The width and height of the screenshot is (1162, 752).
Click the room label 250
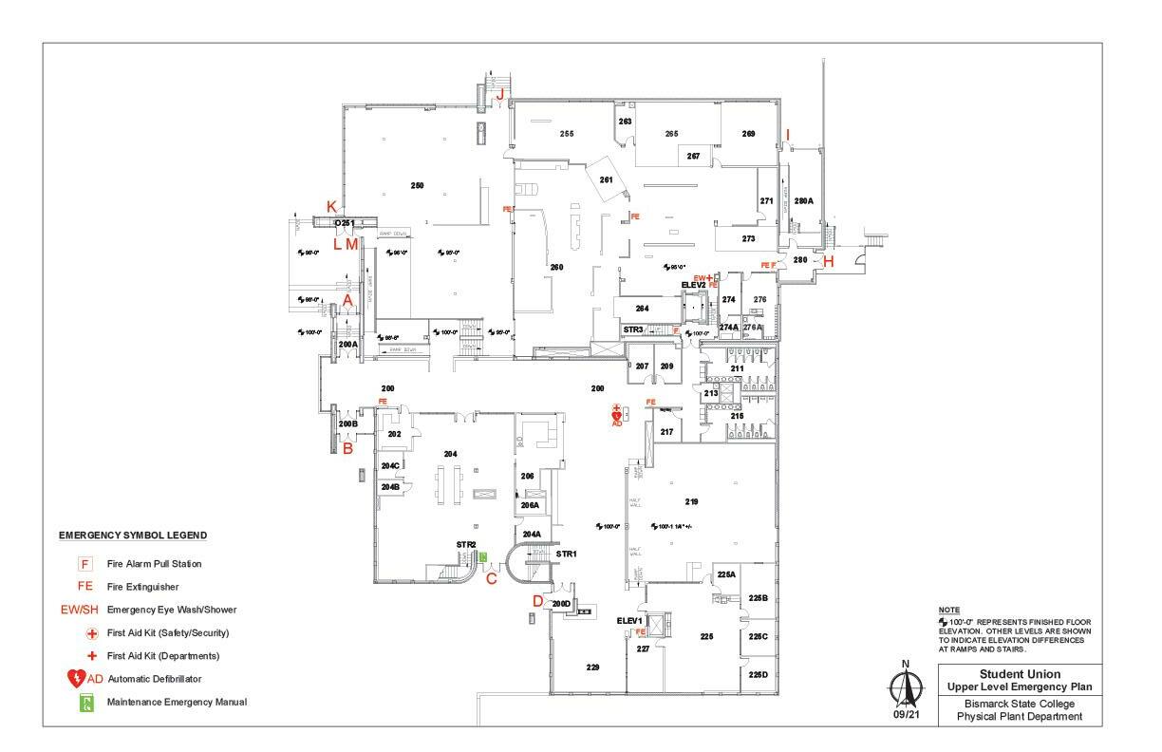point(417,185)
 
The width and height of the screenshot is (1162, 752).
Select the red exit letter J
point(499,93)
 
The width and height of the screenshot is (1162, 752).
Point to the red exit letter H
point(828,262)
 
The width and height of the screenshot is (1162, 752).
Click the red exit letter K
point(331,206)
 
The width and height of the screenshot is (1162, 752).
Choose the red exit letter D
point(537,600)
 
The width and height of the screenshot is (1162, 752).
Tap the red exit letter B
point(347,448)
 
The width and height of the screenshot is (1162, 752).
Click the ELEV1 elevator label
point(630,620)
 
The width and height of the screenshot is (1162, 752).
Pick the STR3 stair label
point(633,329)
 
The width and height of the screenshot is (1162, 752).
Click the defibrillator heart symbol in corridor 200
point(617,415)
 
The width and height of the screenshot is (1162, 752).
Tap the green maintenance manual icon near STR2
point(483,557)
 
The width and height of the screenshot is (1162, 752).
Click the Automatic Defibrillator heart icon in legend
point(77,679)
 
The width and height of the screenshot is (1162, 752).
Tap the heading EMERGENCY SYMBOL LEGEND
point(133,536)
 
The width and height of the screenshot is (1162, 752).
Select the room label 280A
point(803,200)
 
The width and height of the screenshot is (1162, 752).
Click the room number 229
point(592,668)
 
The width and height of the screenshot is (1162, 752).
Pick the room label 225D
point(758,674)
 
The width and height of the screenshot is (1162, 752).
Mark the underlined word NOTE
point(948,610)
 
